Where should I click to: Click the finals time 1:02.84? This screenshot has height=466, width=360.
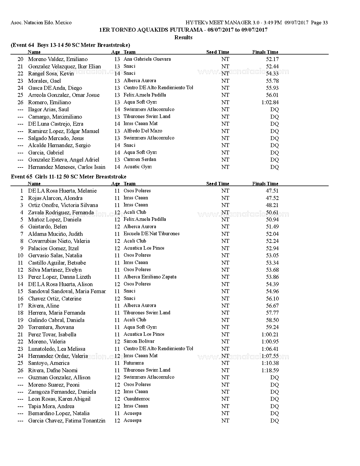(270, 102)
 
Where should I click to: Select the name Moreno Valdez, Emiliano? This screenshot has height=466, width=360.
(58, 59)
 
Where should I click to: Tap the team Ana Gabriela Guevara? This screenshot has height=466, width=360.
(147, 59)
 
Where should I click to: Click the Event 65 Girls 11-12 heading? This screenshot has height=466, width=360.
(69, 177)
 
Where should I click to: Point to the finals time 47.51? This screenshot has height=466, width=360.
(272, 191)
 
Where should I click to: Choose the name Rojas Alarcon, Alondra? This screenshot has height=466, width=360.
(55, 198)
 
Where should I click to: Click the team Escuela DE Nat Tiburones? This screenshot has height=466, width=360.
(151, 234)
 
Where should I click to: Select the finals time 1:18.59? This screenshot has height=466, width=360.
(270, 370)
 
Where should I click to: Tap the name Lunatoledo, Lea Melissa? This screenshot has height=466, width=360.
(56, 349)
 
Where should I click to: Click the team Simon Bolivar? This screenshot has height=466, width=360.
(139, 341)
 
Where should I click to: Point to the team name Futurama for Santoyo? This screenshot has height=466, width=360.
(134, 363)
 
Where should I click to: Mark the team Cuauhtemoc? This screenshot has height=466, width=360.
(137, 399)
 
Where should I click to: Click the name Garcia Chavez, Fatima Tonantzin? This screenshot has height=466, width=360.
(67, 421)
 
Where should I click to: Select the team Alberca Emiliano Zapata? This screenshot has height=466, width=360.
(150, 277)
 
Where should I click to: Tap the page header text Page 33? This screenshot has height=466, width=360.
(319, 23)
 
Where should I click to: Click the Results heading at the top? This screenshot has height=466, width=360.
(183, 37)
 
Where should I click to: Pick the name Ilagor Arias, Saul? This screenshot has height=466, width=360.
(48, 110)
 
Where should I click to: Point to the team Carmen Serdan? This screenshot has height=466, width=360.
(140, 160)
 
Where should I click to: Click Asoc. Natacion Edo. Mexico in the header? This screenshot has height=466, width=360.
(41, 23)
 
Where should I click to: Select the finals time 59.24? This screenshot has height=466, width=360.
(272, 327)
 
